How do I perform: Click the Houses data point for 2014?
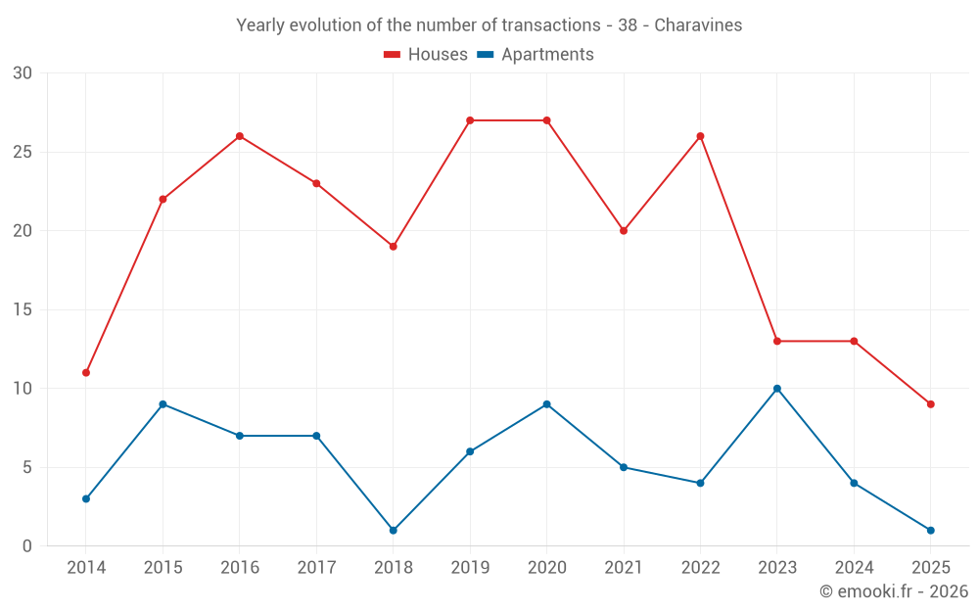[86, 373]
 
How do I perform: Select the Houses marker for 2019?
[470, 120]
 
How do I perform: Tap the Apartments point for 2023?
[777, 389]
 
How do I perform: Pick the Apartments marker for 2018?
[394, 531]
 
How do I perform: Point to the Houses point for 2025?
[931, 404]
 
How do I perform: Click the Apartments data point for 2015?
[163, 404]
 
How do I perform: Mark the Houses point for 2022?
[700, 136]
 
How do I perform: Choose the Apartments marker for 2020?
[546, 404]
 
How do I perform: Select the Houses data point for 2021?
[624, 231]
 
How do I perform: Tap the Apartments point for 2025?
[931, 531]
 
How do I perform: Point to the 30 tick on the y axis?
[23, 73]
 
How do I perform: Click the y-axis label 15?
[23, 310]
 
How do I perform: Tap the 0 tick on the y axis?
[27, 546]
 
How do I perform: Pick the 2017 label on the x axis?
[316, 568]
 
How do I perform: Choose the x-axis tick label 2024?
[854, 568]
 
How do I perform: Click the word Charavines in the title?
[698, 25]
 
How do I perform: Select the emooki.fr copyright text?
[894, 591]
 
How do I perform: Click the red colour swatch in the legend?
[393, 55]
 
